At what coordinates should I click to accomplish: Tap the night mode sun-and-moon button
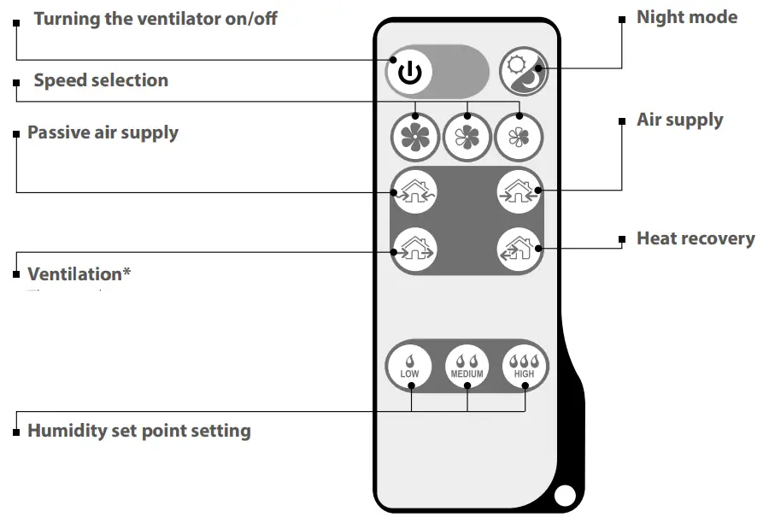click(x=523, y=71)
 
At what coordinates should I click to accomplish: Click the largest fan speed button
click(x=415, y=137)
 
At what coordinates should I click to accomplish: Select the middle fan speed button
click(x=467, y=137)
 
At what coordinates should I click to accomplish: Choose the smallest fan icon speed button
click(x=519, y=137)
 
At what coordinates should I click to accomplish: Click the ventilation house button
click(x=414, y=250)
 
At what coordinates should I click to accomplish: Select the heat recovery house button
click(x=520, y=250)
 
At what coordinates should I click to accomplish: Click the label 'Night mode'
click(x=686, y=17)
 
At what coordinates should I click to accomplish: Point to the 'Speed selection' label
click(x=101, y=80)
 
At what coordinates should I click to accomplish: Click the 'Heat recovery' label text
click(x=696, y=238)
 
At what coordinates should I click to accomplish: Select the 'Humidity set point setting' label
click(x=139, y=430)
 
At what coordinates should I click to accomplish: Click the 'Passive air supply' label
click(x=103, y=132)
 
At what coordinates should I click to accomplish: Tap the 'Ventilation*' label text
click(x=79, y=274)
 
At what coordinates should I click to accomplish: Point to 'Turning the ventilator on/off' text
click(x=156, y=18)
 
